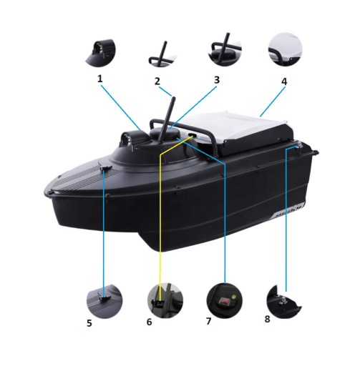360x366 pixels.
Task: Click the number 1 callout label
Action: pos(100,79)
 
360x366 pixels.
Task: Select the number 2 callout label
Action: pos(157,81)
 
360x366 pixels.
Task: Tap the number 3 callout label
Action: pos(217,80)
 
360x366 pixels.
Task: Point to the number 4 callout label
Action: pos(284,81)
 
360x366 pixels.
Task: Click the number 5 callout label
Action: pos(89,323)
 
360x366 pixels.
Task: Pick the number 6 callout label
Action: pos(149,322)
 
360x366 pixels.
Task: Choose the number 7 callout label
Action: pos(209,321)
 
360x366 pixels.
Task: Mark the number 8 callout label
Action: pos(267,319)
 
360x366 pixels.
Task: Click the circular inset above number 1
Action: pos(101,52)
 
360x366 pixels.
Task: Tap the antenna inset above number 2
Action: pos(162,54)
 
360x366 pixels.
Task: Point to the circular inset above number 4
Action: pos(285,49)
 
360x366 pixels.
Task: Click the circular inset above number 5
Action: pos(104,301)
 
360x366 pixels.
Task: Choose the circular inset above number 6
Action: pos(165,300)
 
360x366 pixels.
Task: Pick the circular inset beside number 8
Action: pos(283,302)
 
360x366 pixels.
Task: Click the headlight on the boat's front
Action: pos(127,139)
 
